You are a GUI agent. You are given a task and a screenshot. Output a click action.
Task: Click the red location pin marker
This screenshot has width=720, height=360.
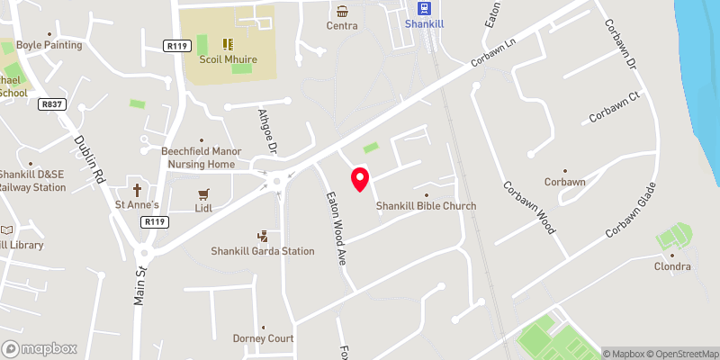click(359, 179)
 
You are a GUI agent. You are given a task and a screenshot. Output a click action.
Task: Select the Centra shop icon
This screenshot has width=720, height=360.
click(342, 11)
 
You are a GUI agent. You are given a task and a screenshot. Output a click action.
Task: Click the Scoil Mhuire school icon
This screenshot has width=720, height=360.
click(227, 43)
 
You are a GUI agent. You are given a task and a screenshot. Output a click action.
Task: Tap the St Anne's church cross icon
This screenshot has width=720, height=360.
click(138, 190)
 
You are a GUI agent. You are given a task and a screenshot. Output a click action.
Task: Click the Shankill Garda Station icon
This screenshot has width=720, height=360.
click(263, 236)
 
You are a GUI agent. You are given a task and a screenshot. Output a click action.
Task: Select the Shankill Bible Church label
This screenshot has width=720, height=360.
click(426, 206)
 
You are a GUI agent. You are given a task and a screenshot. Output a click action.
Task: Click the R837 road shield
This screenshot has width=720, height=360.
click(51, 104)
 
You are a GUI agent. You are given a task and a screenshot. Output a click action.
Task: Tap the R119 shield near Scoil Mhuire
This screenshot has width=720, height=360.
click(175, 45)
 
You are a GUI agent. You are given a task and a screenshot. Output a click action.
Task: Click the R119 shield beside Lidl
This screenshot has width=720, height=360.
click(155, 221)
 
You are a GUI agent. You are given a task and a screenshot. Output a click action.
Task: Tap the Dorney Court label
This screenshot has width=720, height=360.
click(263, 338)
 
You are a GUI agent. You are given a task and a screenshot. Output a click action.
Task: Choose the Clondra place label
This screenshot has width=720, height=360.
click(672, 266)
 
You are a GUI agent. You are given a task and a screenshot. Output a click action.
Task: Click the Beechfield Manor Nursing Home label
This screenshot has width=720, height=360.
click(198, 158)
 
